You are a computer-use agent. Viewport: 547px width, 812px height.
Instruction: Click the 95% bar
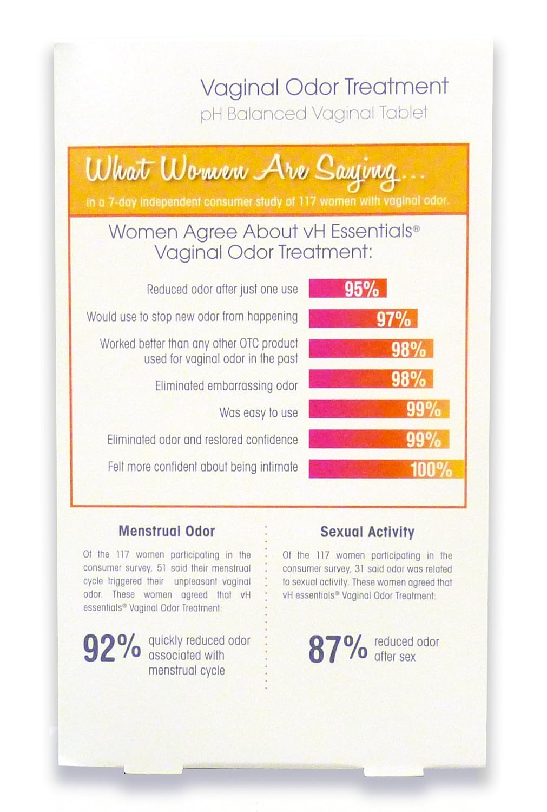(347, 289)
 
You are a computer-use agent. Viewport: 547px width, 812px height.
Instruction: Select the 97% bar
(363, 319)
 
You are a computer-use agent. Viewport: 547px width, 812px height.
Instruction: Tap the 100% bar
(386, 469)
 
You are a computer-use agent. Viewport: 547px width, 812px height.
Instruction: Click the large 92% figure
(111, 649)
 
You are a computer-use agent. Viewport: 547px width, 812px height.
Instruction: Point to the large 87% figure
(338, 649)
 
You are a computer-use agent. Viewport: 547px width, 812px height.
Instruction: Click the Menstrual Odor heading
(167, 531)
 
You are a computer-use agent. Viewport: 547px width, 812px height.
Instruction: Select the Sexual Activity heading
(367, 532)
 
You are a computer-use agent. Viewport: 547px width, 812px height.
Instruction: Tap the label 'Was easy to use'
(258, 412)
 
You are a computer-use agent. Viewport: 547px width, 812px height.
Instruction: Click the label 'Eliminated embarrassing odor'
(226, 385)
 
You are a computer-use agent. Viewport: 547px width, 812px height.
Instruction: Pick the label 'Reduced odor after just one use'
(222, 289)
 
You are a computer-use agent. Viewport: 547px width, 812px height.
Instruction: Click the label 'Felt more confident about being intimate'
(202, 467)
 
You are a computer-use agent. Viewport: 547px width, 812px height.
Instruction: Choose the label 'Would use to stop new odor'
(192, 316)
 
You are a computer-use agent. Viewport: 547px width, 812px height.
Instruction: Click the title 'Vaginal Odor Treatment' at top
(324, 87)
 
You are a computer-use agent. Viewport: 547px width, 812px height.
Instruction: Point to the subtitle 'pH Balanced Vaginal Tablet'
(314, 114)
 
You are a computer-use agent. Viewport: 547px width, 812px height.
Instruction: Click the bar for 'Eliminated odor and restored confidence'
(378, 439)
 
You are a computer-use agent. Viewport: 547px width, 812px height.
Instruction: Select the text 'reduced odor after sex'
(406, 649)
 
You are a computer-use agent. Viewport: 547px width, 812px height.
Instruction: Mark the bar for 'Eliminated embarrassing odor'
(371, 379)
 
